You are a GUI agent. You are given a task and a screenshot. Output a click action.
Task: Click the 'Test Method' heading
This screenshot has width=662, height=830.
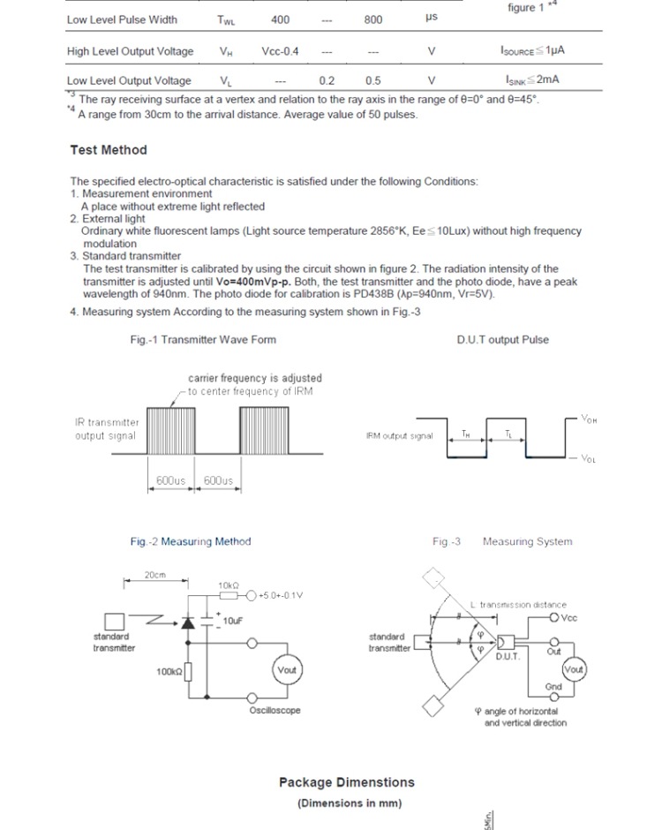[109, 150]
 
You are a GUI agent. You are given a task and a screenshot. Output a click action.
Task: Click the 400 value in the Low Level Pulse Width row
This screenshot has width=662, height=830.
[280, 19]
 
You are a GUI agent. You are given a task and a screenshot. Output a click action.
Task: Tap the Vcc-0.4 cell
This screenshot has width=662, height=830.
[280, 51]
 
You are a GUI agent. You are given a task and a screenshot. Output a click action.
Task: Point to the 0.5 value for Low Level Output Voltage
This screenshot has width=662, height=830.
[372, 80]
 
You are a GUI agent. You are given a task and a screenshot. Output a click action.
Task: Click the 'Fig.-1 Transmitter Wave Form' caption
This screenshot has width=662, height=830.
[203, 339]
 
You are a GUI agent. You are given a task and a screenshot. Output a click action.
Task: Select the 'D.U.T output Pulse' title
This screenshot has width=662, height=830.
[502, 339]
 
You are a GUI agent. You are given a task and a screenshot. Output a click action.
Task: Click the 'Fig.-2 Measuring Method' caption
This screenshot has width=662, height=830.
[190, 541]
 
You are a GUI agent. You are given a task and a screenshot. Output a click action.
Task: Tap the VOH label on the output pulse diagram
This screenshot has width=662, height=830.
[590, 420]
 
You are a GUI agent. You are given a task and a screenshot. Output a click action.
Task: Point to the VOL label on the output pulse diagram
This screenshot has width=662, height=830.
[589, 459]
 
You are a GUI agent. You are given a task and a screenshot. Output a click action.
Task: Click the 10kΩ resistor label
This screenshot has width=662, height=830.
[228, 585]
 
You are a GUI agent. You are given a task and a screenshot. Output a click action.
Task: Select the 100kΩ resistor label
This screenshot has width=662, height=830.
[169, 672]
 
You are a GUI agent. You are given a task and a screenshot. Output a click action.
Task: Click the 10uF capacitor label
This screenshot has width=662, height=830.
[232, 621]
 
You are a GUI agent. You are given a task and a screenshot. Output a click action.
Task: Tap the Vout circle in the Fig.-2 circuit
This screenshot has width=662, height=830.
[287, 671]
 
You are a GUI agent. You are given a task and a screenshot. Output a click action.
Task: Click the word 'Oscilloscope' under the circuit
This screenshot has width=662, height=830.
[275, 710]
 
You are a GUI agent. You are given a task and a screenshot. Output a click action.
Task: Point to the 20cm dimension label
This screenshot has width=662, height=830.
[155, 575]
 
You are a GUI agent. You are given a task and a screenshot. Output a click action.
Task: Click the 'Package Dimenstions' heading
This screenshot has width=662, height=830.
[346, 782]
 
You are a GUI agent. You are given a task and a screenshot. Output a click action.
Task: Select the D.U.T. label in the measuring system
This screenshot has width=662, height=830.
[508, 657]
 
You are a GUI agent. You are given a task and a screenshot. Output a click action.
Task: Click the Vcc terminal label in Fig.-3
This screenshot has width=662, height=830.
[568, 618]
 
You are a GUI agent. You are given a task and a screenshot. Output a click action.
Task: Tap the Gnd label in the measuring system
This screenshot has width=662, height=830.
[553, 686]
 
